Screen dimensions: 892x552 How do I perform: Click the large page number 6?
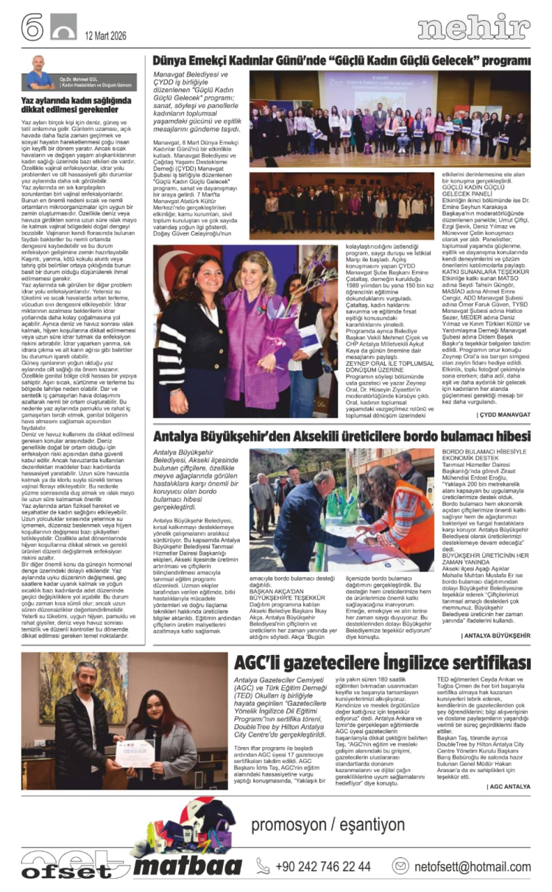[x=32, y=27]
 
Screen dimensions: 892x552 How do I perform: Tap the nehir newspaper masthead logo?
[x=473, y=27]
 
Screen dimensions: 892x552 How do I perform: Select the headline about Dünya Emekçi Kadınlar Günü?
[x=342, y=61]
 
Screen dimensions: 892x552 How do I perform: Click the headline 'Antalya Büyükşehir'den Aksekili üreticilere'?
[x=341, y=436]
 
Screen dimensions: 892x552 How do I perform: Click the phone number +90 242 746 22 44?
[x=323, y=866]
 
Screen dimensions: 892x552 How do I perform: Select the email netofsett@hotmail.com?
[x=471, y=866]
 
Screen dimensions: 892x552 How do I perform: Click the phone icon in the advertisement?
[x=263, y=866]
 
